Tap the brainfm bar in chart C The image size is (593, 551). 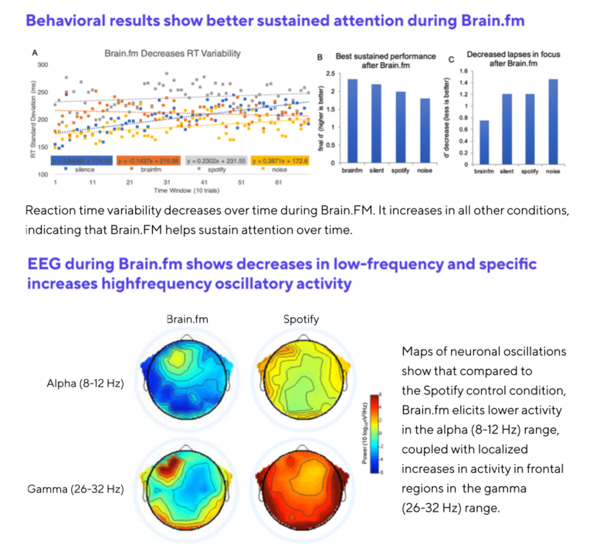(x=483, y=141)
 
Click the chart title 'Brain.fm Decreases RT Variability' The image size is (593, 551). (x=172, y=53)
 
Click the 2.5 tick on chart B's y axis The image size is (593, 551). (x=330, y=73)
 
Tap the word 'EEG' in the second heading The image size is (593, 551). (x=46, y=265)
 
